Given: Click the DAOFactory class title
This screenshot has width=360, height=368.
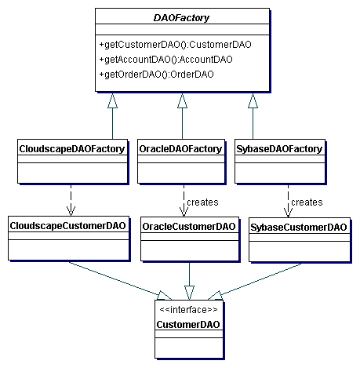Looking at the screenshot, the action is point(181,18).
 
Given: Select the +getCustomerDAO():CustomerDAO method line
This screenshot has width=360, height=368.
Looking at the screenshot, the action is point(175,45).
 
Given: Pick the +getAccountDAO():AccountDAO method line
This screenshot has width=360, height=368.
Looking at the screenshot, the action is point(165,60).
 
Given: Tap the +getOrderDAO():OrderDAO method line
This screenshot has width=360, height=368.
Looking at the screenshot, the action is point(156,75).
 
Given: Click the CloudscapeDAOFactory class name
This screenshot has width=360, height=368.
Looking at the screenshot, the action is point(72,149).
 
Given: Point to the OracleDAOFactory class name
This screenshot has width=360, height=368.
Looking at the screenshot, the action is point(180,149).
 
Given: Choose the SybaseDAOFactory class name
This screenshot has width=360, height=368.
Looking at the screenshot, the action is point(279,149).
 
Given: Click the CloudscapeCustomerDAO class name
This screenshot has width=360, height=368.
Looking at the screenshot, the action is point(68,226).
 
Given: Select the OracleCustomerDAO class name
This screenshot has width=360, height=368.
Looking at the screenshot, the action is point(189,227).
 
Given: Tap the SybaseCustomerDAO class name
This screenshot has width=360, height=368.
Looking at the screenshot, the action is point(299,228).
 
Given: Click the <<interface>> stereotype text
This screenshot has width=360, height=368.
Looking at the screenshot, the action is point(188,310).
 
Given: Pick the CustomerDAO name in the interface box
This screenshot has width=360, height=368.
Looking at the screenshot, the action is point(188,325).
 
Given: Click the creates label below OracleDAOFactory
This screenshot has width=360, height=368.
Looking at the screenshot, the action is point(202,202).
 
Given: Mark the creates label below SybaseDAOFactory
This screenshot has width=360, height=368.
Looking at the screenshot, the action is point(307,202).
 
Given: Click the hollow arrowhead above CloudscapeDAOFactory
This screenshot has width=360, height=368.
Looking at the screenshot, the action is point(112,100).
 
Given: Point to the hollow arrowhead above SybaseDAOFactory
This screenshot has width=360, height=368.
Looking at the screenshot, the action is point(253,100).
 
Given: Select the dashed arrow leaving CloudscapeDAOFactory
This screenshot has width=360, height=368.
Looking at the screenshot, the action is point(71,200).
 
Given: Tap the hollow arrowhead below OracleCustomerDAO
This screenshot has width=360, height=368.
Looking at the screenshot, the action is point(189,293).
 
